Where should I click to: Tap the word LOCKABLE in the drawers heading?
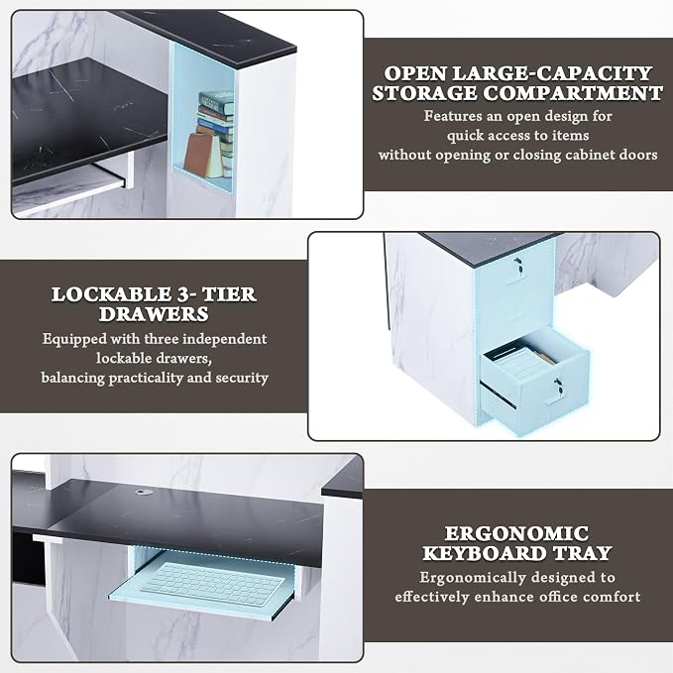click(x=111, y=294)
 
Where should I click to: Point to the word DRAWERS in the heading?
click(x=154, y=314)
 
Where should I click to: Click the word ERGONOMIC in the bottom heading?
click(x=516, y=533)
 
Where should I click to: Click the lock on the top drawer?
click(x=518, y=265)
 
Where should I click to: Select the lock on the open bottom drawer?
click(x=557, y=385)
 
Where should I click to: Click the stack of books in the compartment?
click(x=218, y=132)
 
